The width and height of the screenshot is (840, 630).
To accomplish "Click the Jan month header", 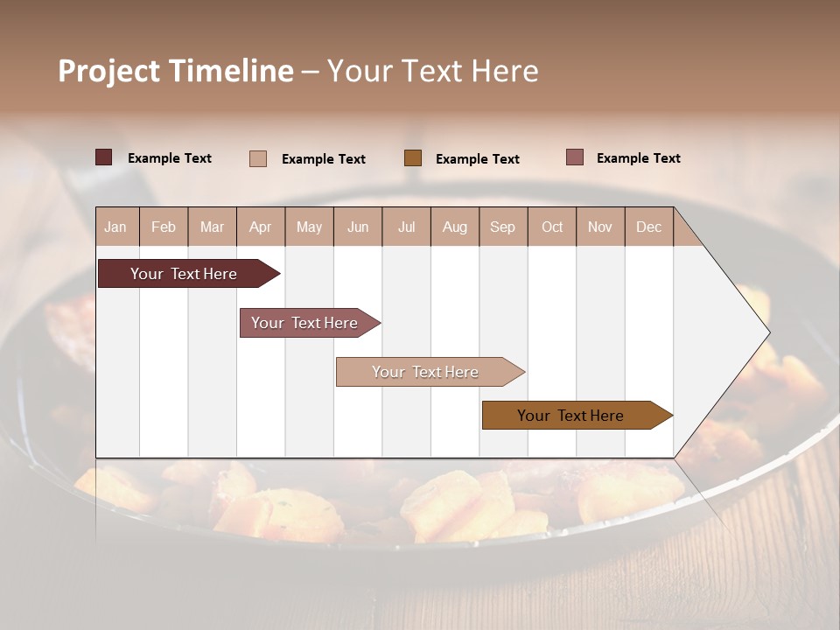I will click(116, 227).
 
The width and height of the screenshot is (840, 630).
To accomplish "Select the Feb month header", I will click(164, 227).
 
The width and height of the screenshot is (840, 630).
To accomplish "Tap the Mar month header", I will click(212, 227).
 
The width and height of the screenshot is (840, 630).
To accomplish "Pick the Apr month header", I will click(261, 227).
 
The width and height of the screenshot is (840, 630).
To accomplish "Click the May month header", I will click(309, 227).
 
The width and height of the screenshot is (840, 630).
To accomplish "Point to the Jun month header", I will click(358, 227).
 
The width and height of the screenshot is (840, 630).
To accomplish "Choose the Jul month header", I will click(406, 227).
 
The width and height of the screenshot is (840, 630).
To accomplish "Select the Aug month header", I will click(455, 227).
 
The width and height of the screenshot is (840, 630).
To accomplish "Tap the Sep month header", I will click(503, 227).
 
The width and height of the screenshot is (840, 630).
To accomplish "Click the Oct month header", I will click(552, 227).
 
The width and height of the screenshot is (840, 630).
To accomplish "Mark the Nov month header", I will click(600, 227).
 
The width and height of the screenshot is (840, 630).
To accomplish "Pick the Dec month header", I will click(649, 227).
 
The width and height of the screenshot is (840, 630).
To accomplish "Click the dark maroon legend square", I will click(104, 157).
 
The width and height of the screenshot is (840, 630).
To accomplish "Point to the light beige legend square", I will click(258, 158).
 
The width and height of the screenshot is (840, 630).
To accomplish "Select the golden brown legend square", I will click(413, 157).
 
